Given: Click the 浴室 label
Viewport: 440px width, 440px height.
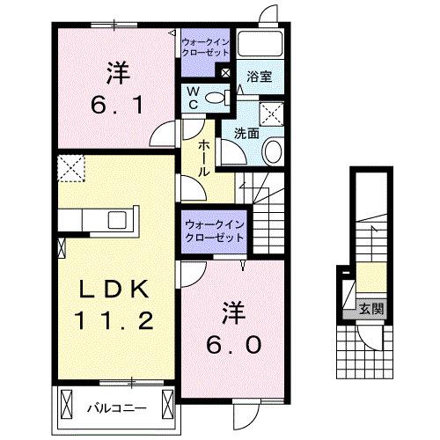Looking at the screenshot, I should click(x=259, y=77).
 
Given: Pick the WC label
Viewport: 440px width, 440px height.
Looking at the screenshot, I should click(x=192, y=98).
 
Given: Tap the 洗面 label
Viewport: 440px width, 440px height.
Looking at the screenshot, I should click(x=246, y=134).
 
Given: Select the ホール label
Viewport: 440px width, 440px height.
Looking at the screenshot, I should click(x=202, y=158).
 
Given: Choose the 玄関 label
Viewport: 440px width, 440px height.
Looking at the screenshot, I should click(x=371, y=308).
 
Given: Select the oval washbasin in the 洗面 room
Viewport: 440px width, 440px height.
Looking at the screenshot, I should click(x=272, y=150).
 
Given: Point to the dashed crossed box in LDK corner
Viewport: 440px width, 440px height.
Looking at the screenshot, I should click(x=69, y=165).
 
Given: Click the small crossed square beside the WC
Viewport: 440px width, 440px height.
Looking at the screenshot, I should click(x=226, y=74).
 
